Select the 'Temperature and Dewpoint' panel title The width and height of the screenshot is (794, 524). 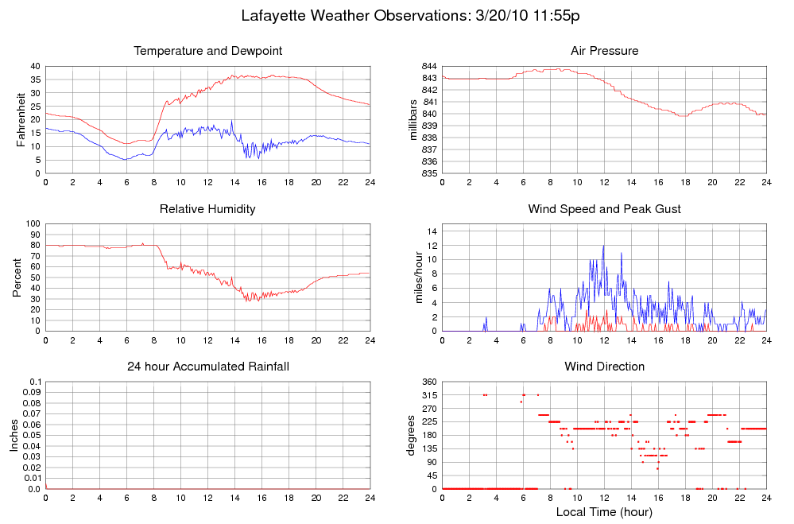click(208, 51)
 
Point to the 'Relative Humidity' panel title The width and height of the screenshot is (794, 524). click(208, 209)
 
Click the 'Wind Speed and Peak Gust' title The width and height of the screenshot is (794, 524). click(604, 209)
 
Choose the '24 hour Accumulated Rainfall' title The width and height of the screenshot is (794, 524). click(208, 367)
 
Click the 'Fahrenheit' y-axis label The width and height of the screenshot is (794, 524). click(21, 119)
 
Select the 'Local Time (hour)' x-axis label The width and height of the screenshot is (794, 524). click(604, 512)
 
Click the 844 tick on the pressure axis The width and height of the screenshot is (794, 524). click(428, 66)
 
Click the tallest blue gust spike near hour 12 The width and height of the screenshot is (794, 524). click(603, 246)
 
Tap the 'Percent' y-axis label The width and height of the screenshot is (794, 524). click(17, 278)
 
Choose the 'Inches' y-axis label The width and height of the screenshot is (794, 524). click(14, 435)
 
